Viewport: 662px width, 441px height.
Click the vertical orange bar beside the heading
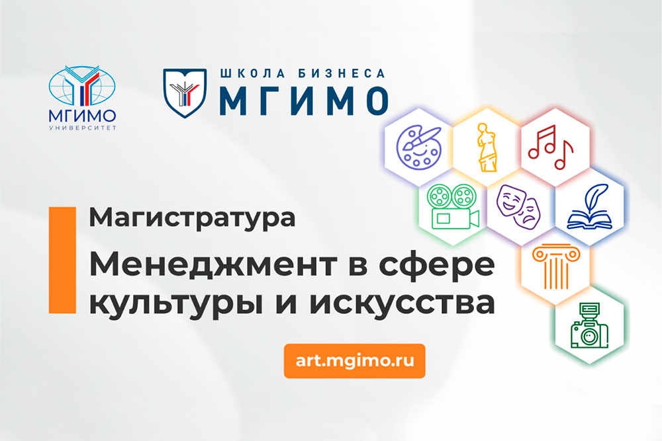pos(62,258)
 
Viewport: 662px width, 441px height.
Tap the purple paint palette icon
pos(418,146)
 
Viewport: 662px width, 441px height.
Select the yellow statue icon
pos(487,146)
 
